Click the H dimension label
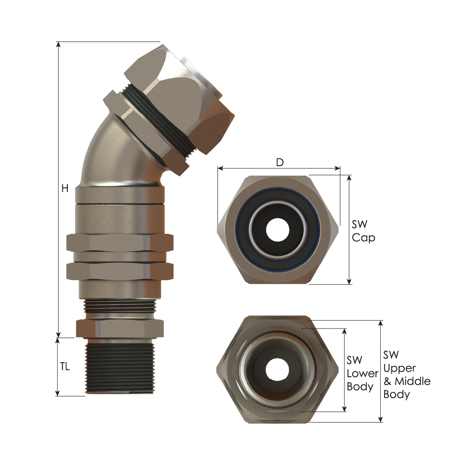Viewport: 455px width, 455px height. [x=65, y=188]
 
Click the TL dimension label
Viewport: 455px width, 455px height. [x=65, y=367]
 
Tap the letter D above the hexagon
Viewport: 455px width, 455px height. [x=280, y=162]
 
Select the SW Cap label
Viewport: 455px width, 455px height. [x=363, y=231]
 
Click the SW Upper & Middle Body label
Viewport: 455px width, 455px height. [x=406, y=374]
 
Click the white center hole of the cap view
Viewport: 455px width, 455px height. [x=278, y=230]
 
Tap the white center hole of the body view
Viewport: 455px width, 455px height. [x=278, y=370]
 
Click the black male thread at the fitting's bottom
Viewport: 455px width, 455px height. [x=120, y=366]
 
